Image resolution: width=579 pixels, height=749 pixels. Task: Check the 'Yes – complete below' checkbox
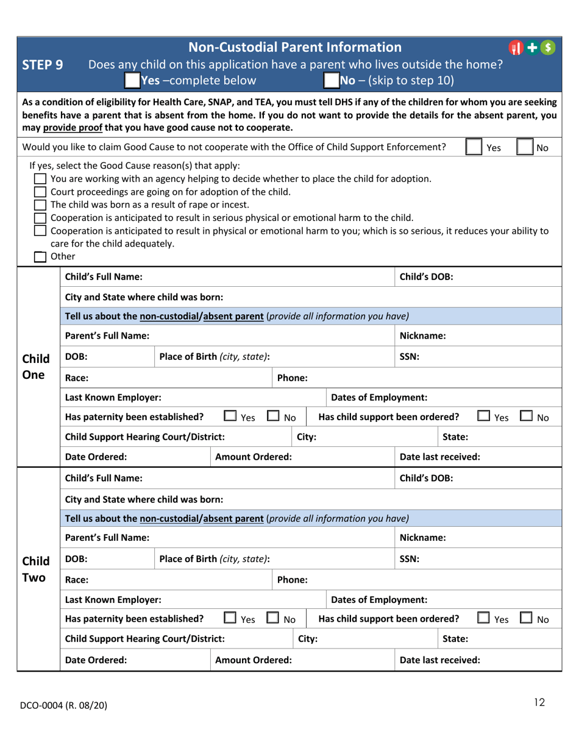(132, 80)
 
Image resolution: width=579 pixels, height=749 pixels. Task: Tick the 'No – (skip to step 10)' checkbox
(331, 80)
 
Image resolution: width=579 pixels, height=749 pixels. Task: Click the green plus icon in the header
(532, 47)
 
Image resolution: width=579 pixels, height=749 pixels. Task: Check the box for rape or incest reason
(40, 204)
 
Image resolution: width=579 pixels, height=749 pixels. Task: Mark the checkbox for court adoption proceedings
(40, 192)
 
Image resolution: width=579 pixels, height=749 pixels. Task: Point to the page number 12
(537, 703)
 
